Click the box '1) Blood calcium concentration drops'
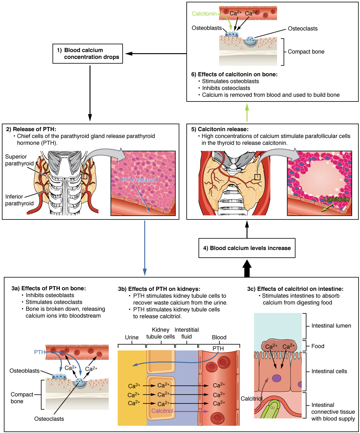click(88, 54)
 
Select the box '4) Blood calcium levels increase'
click(247, 248)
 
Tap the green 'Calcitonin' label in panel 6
click(204, 14)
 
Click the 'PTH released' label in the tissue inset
click(139, 180)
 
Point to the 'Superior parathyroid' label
click(19, 160)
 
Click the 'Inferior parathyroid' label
click(19, 200)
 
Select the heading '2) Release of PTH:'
click(31, 129)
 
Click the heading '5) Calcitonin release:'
click(220, 129)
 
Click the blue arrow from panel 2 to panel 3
click(145, 248)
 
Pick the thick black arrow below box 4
click(247, 269)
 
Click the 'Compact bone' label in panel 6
click(306, 52)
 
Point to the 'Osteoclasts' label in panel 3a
click(49, 419)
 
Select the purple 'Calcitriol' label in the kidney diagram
click(162, 411)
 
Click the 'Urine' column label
click(132, 337)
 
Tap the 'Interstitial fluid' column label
click(186, 333)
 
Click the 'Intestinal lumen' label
click(331, 326)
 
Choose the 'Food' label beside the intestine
click(318, 346)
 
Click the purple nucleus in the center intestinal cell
click(277, 378)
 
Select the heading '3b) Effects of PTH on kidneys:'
click(159, 289)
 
